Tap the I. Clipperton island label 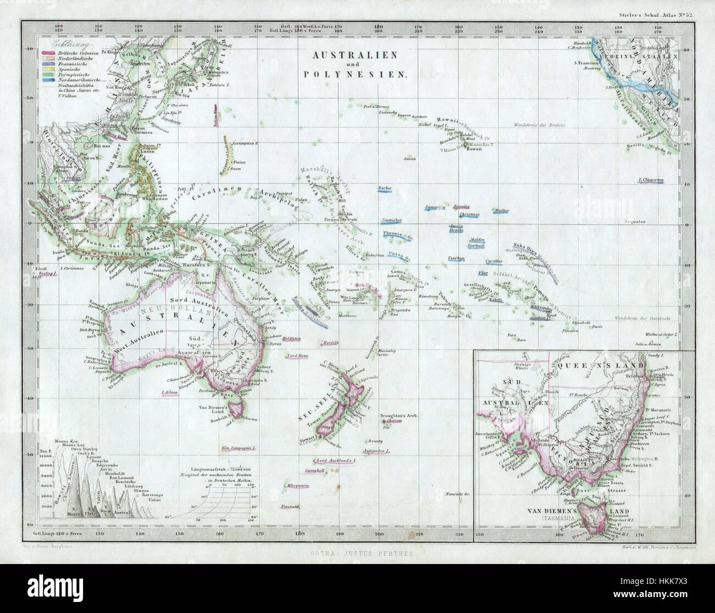coord(651,180)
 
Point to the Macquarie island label coord(298,486)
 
